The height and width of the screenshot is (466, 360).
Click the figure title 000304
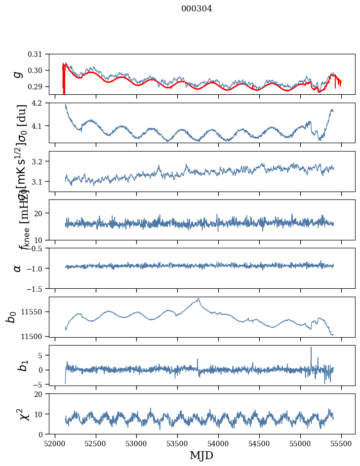coord(197,9)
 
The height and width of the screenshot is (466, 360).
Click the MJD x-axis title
coord(201,456)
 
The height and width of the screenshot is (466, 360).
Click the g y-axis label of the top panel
coord(17,74)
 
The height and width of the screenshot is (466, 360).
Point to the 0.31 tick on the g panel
coord(42,54)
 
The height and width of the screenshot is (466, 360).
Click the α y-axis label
coord(17,268)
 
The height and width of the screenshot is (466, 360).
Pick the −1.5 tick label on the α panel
coord(39,288)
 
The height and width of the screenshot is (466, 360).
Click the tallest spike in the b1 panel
coord(311,348)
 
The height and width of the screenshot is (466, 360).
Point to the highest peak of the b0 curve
coord(199,299)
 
